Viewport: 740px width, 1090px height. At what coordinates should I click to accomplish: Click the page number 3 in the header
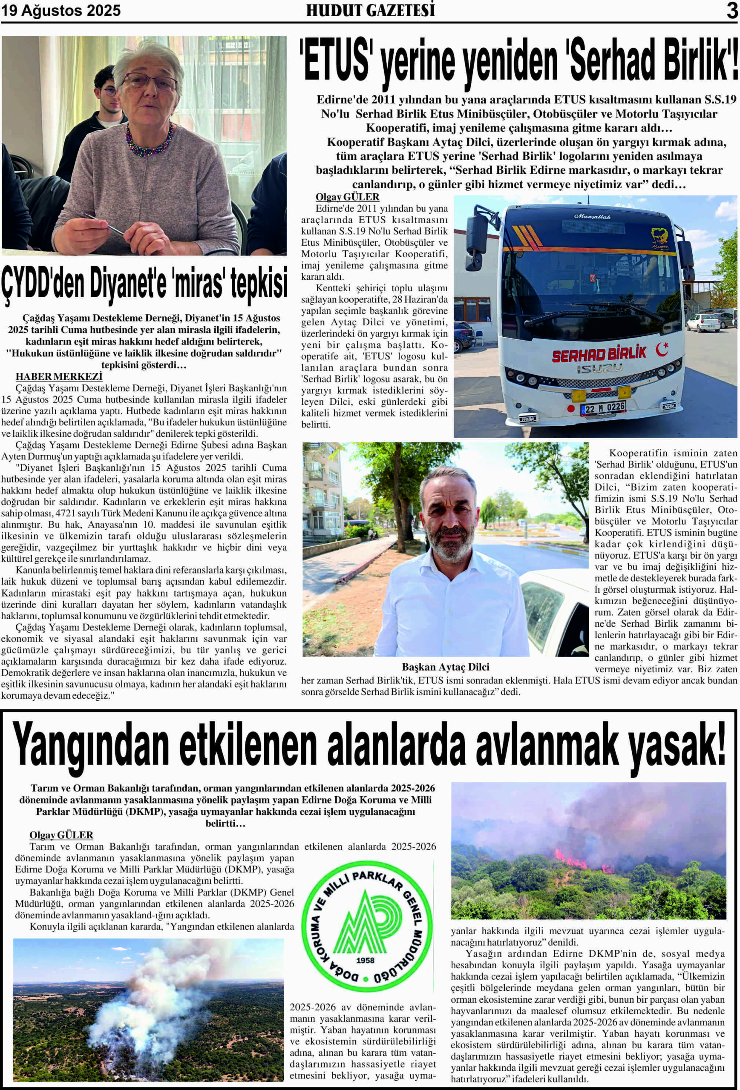(732, 11)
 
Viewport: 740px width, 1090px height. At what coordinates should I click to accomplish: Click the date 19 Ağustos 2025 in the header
(61, 11)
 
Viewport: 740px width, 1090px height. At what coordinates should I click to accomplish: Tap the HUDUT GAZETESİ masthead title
(370, 11)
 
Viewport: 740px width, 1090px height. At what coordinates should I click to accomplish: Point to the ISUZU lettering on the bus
(600, 368)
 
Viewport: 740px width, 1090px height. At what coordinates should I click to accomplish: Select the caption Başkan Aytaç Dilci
(445, 667)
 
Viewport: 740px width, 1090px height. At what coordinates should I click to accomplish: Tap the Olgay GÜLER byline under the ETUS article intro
(347, 197)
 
